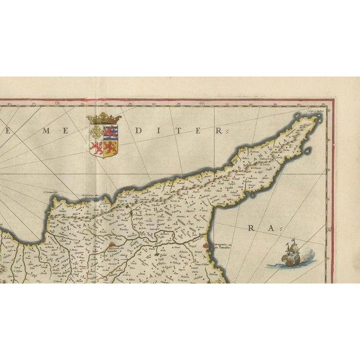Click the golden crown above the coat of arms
tap(105, 119)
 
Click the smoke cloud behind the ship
tap(304, 256)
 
